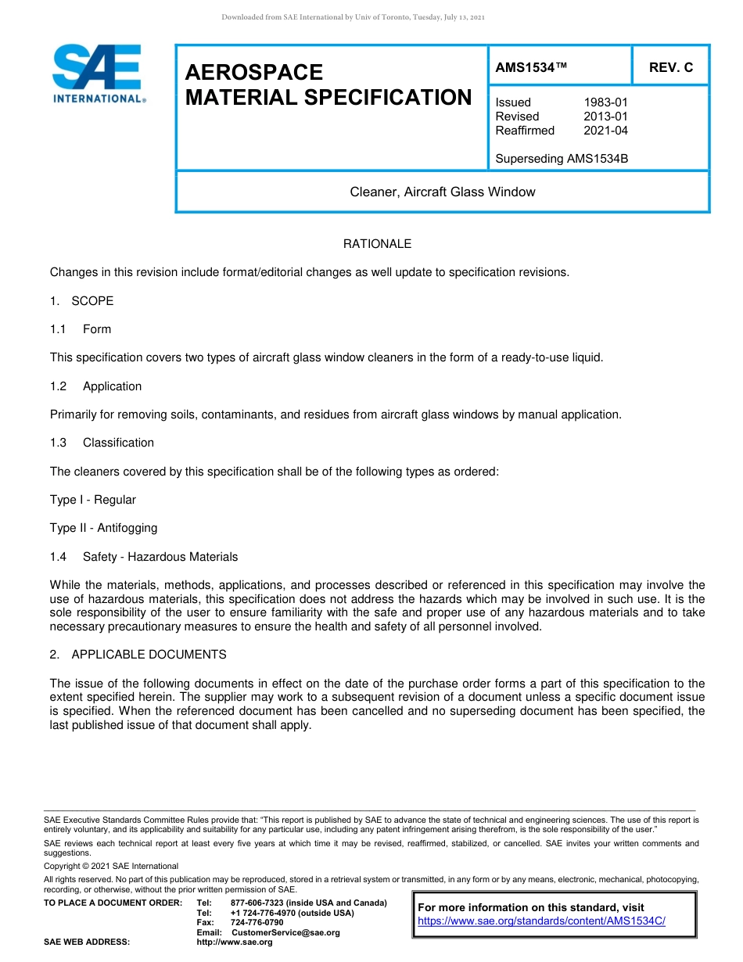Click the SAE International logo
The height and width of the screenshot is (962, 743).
tap(97, 74)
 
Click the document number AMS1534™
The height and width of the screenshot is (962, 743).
tap(531, 68)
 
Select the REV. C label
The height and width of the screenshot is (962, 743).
tap(670, 68)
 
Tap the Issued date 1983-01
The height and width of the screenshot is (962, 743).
tap(605, 102)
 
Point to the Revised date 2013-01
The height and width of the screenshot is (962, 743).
tap(605, 117)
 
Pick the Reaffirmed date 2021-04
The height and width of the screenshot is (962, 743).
tap(605, 131)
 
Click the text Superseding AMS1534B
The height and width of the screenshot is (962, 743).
tap(562, 159)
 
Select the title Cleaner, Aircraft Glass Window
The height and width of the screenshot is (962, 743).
tap(443, 192)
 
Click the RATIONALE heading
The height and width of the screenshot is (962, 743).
tap(377, 244)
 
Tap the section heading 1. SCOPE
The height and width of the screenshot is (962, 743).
tap(82, 301)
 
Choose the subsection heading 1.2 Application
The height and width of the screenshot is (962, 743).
tap(96, 386)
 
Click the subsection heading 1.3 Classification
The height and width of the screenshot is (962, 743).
tap(102, 443)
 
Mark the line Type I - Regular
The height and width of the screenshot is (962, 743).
tap(93, 500)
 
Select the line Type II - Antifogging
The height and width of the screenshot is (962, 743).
tap(103, 528)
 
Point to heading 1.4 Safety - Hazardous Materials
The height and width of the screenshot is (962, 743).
tap(144, 557)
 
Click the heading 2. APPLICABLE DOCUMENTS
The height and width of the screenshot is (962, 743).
tap(138, 655)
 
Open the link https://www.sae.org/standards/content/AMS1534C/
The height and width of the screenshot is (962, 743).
tap(541, 921)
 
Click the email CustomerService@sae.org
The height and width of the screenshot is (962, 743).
tap(285, 932)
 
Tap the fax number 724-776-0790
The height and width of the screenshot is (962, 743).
tap(257, 923)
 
